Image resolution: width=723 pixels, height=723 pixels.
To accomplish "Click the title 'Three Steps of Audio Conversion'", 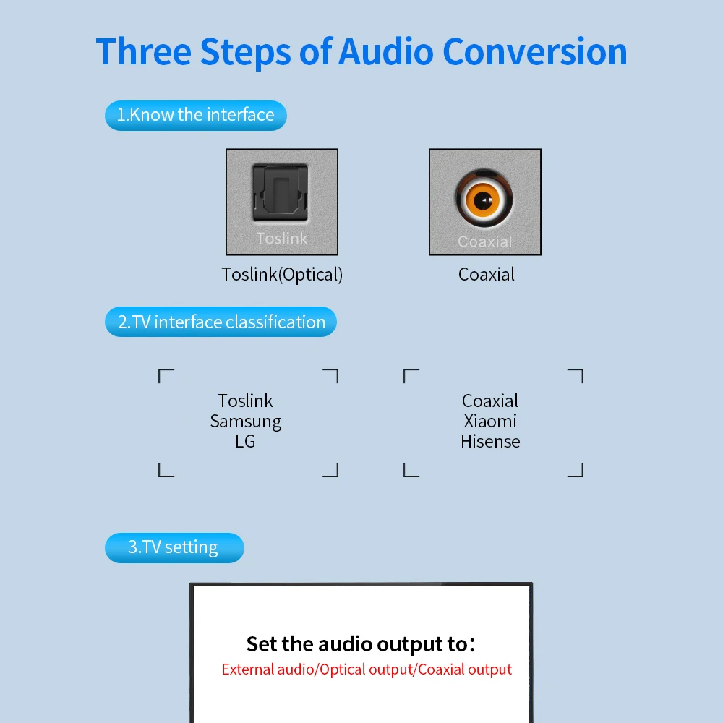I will tap(361, 52).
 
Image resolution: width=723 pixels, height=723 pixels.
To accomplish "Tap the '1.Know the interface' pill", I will tap(195, 115).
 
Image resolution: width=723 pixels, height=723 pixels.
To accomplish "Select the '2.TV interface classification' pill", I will tap(221, 322).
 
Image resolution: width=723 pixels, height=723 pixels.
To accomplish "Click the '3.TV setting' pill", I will tap(174, 547).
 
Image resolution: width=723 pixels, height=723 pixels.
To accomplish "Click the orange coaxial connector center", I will tap(484, 200).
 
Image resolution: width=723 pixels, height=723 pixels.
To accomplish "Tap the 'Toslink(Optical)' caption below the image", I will tap(282, 275).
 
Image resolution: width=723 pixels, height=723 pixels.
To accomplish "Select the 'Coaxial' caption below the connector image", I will tap(487, 275).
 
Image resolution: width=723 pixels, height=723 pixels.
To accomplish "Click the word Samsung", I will tap(246, 421).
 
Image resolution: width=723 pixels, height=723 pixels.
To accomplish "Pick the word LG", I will tap(245, 441).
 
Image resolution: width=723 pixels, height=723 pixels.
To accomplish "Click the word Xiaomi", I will tap(490, 421).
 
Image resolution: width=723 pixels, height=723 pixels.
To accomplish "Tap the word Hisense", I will tap(490, 441).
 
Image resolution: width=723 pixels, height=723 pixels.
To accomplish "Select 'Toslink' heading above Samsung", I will tap(246, 401).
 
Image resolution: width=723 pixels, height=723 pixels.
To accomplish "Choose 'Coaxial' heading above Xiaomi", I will tap(490, 401).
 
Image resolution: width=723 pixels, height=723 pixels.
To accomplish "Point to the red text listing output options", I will tap(367, 669).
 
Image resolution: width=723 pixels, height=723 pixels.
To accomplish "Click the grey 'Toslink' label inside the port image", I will tap(281, 239).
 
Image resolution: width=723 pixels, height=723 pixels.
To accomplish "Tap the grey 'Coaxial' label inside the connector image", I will tap(484, 242).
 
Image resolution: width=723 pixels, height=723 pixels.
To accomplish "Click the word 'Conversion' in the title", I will tap(535, 52).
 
